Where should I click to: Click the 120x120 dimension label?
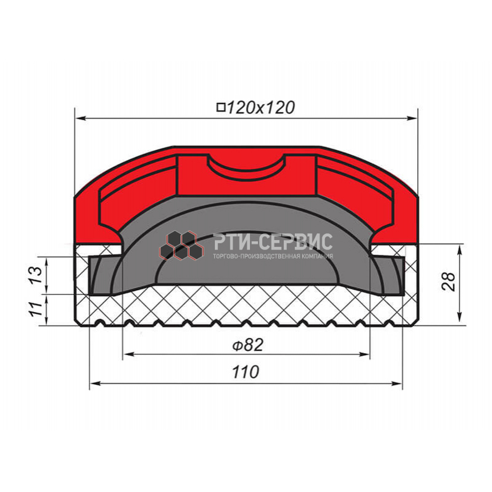click(260, 108)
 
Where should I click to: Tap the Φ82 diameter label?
click(248, 345)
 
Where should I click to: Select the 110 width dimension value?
click(246, 372)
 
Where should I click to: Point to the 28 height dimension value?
click(449, 282)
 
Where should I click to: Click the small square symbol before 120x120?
click(221, 107)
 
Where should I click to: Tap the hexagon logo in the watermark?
click(182, 246)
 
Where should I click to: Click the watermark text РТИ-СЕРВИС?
click(273, 242)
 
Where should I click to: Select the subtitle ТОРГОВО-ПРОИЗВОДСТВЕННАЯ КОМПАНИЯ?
click(273, 256)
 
